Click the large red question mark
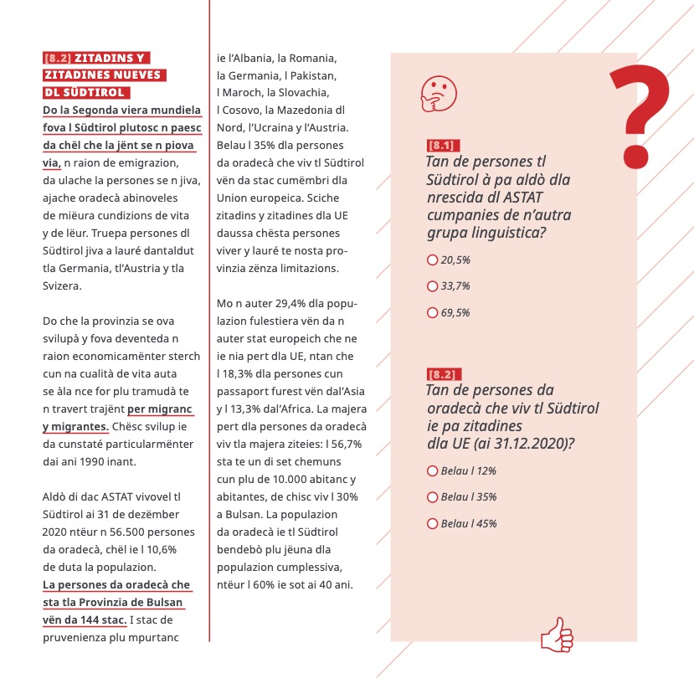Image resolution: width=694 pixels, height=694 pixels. pos(640,114)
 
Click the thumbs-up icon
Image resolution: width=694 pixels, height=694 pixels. pos(557,635)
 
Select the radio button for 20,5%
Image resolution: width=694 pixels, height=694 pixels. pos(432,260)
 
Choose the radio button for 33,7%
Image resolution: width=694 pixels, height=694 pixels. pos(432,286)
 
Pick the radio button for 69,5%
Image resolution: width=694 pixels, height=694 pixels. pos(432,313)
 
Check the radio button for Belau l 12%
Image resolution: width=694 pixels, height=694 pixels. pos(432,470)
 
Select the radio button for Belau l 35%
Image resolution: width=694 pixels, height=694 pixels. pos(432,497)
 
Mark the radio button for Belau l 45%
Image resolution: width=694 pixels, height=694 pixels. pos(432,524)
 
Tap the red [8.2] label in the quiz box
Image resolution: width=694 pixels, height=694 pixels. pos(443,373)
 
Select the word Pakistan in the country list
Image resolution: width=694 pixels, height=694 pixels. pos(313,75)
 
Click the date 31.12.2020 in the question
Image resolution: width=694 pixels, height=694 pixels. pos(532,443)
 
